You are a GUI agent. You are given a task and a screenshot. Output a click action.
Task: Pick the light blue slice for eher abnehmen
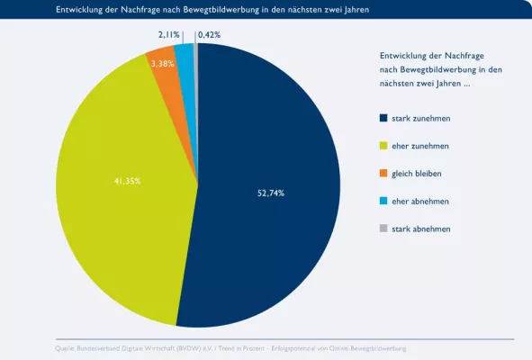point(185,58)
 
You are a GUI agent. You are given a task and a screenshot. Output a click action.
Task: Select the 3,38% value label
point(163,64)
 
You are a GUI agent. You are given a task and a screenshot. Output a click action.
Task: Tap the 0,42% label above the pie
point(208,34)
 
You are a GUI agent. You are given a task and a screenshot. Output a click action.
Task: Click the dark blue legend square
point(384,118)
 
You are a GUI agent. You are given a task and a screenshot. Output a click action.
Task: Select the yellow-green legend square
point(384,146)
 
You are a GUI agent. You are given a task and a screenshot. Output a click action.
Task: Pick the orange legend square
point(384,173)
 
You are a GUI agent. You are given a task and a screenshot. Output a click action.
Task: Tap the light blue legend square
point(384,201)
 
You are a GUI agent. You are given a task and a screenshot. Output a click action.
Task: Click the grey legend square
point(384,229)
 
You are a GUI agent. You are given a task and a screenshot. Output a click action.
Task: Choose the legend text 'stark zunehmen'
point(421,118)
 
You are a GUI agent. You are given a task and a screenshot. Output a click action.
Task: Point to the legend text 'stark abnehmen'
point(421,229)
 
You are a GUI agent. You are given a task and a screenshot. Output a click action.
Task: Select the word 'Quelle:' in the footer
point(66,347)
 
